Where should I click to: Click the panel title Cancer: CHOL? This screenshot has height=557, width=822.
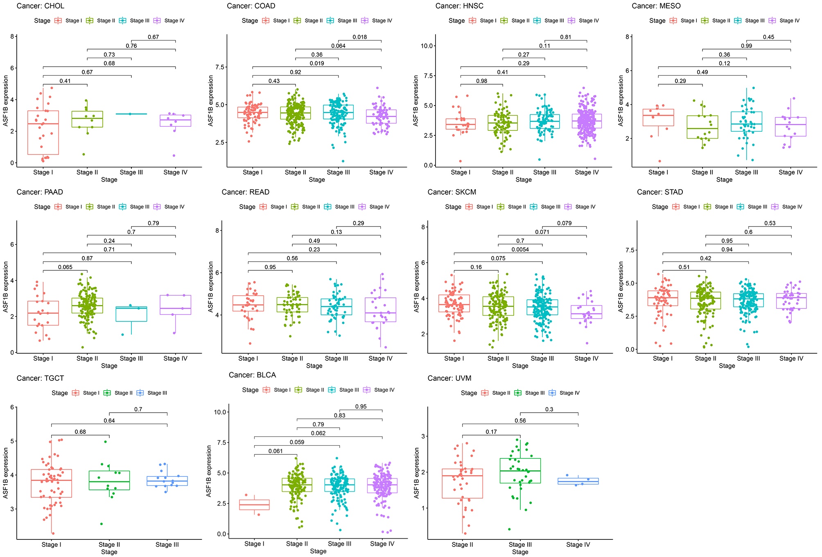click(40, 6)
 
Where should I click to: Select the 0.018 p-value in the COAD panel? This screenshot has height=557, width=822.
click(360, 37)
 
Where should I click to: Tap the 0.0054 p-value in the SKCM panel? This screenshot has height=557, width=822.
click(520, 249)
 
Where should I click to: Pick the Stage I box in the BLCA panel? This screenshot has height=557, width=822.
click(254, 505)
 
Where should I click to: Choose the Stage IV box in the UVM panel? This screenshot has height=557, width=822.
click(578, 481)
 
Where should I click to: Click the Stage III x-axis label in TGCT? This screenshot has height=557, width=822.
click(167, 545)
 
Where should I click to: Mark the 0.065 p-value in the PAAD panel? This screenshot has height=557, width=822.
click(65, 267)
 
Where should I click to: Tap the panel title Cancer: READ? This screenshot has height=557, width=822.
click(246, 192)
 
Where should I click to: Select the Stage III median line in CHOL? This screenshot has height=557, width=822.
click(131, 114)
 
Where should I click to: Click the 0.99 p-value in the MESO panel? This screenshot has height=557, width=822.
click(746, 46)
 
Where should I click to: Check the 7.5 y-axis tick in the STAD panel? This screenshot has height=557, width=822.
click(630, 250)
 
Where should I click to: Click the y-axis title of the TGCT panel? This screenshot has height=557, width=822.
click(6, 473)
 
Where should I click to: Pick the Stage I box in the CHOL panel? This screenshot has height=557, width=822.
click(43, 133)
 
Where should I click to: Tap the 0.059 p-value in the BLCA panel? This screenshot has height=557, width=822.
click(297, 442)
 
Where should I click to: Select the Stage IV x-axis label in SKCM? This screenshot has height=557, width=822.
click(586, 359)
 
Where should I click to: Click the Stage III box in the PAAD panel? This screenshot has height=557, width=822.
click(131, 314)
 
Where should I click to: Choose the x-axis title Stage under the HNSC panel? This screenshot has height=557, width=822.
click(523, 180)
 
